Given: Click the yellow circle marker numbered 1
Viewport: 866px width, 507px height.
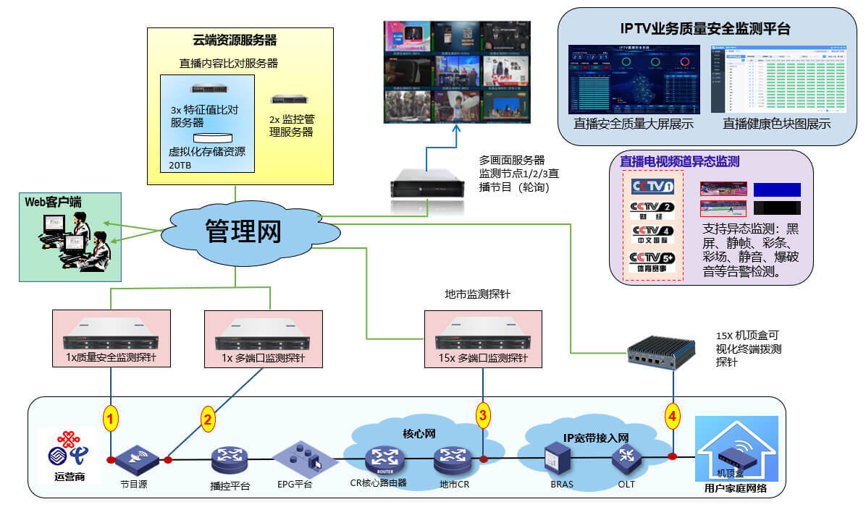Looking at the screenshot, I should [x=110, y=418].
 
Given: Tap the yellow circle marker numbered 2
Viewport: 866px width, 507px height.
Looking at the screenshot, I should [x=208, y=418].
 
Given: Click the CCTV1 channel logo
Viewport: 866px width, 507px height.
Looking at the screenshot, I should [x=652, y=187].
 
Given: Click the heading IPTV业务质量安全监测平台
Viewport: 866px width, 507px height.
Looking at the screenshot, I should [x=705, y=29].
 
